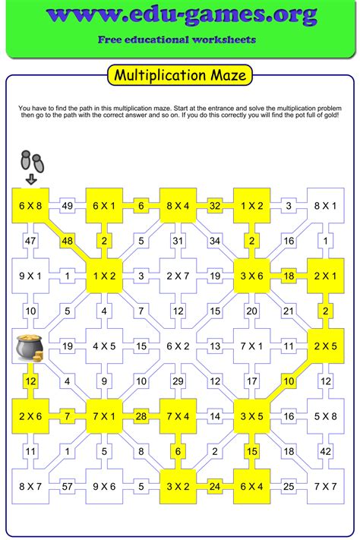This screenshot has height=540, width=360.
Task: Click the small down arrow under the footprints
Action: pos(30,180)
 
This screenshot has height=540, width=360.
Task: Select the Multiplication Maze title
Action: pos(179,76)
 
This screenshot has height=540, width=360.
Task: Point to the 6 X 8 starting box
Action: pos(30,205)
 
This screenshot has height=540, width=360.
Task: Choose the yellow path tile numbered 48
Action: pos(68,240)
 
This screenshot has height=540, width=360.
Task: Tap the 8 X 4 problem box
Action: pos(178,205)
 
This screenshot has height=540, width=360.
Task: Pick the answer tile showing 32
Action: pos(215,205)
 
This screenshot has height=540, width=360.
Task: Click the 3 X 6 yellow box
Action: pos(251,276)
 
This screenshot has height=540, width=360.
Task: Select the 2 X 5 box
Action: pos(325,346)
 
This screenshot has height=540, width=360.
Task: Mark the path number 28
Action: pos(141,415)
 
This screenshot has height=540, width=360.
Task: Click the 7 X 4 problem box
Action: pos(178,415)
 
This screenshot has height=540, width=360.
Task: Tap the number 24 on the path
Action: pos(215,485)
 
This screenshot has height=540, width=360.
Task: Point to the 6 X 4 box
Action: pos(251,485)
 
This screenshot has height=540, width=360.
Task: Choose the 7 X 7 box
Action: pos(325,485)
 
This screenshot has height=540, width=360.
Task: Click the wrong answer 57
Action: pos(68,485)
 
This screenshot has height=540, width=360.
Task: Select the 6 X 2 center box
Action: pos(178,346)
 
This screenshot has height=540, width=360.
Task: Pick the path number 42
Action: pos(325,450)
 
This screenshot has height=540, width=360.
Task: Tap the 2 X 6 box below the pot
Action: pos(30,415)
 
